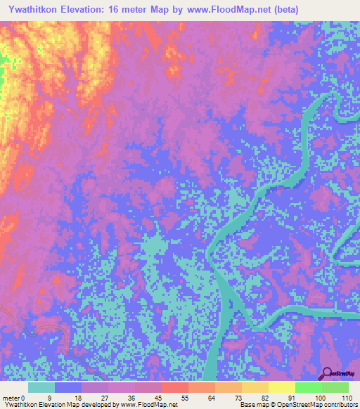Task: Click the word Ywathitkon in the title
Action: point(36,10)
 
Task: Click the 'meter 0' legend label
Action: point(14,397)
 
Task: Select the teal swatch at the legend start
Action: point(41,387)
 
